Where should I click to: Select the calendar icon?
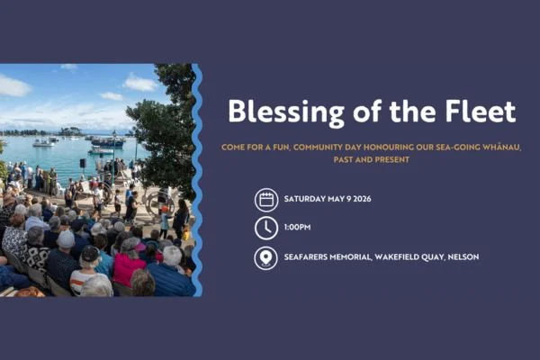[265, 199]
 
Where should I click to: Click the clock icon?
[265, 228]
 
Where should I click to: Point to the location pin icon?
[265, 257]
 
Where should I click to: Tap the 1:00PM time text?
[298, 228]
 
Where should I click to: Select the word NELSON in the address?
[461, 257]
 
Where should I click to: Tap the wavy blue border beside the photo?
[197, 180]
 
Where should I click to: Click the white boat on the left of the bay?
[41, 142]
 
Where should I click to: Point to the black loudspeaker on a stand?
[83, 164]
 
